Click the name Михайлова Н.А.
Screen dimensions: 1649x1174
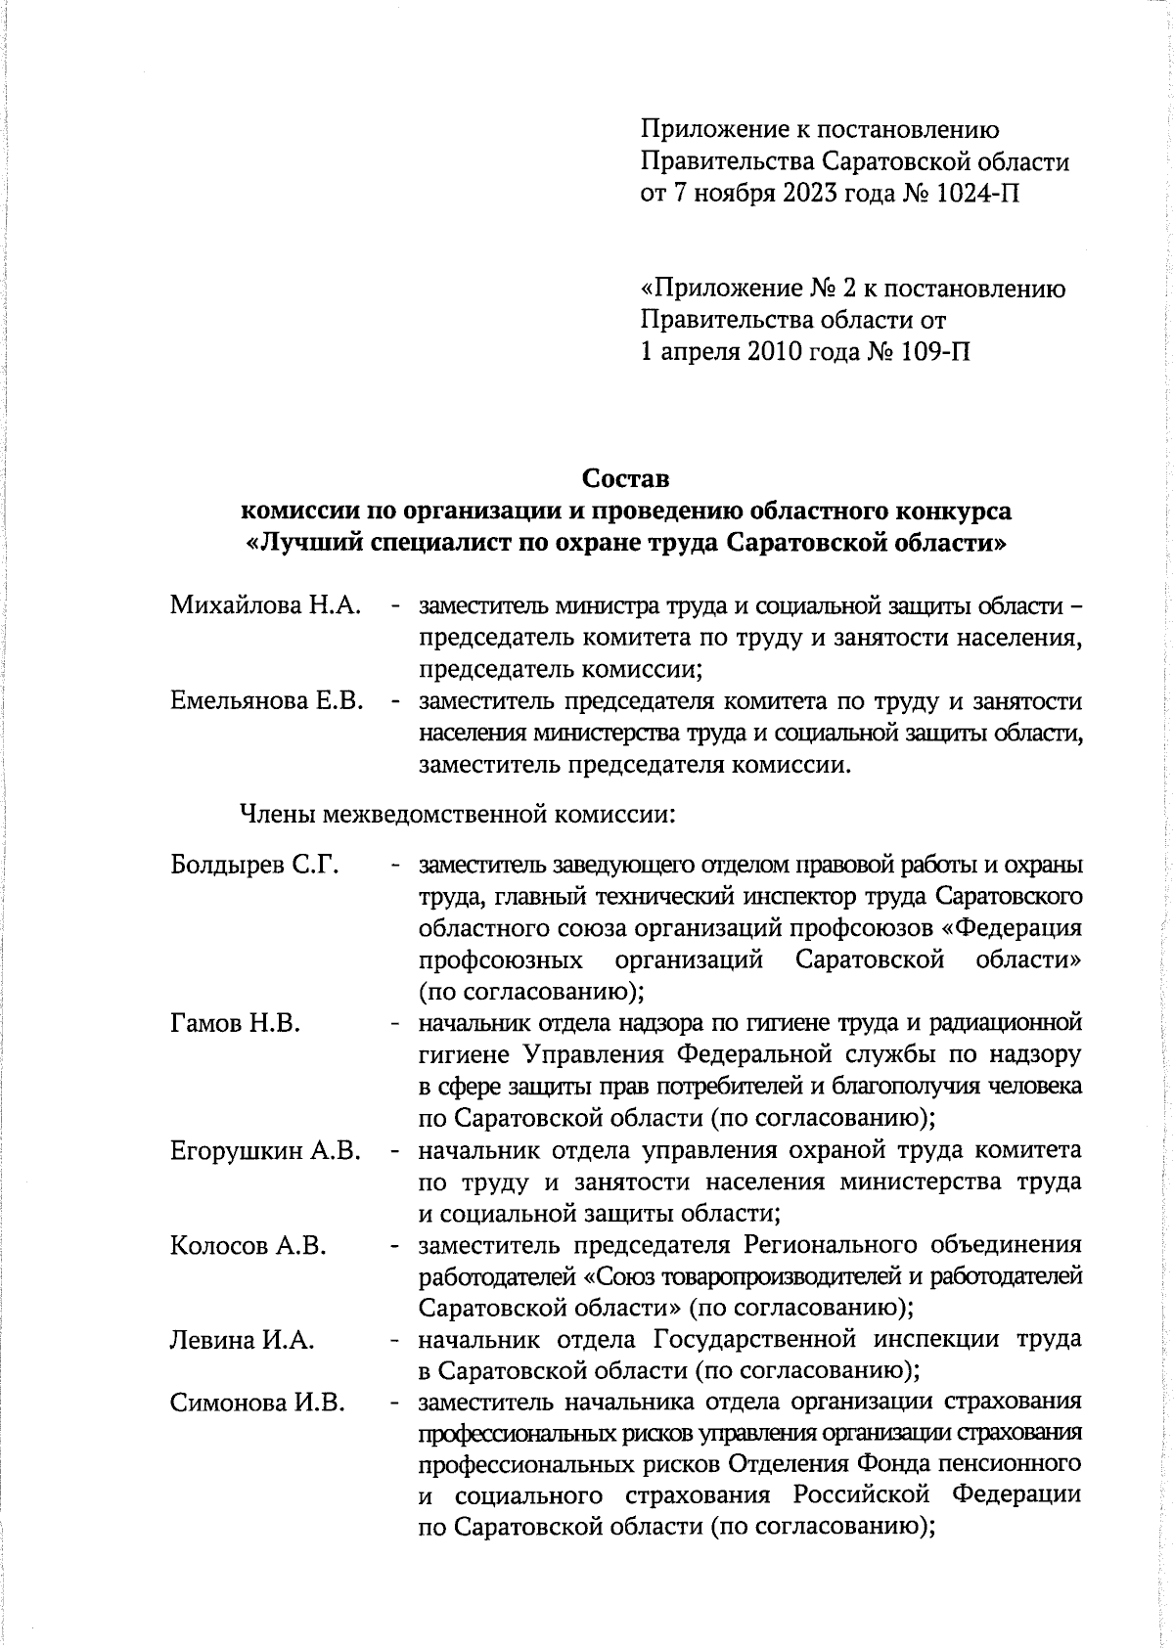(265, 605)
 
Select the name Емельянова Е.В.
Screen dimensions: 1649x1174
(267, 701)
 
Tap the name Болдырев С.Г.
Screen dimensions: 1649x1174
(253, 866)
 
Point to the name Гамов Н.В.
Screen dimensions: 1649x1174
(234, 1023)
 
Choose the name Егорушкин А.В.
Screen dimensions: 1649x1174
(265, 1150)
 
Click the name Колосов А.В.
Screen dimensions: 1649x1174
(248, 1245)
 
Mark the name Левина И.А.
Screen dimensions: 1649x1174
(242, 1340)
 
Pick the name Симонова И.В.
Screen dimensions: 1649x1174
(257, 1403)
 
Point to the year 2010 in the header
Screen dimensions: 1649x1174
(760, 352)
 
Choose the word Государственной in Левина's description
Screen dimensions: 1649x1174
(776, 1340)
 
